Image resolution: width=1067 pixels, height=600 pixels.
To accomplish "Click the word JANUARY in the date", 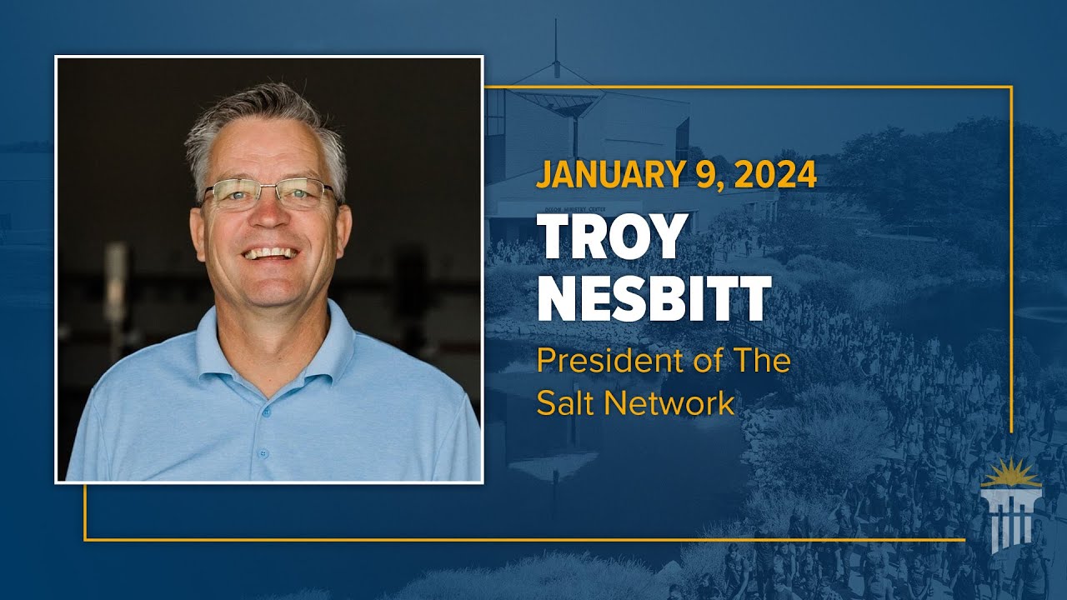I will coord(610,176).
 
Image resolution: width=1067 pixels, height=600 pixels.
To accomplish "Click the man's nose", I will coord(268,217).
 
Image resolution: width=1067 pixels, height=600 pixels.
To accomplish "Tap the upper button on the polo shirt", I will coord(268,412).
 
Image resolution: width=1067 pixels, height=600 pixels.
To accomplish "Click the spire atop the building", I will coord(555,42).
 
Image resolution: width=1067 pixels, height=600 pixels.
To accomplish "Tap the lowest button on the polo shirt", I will coord(263,454).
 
